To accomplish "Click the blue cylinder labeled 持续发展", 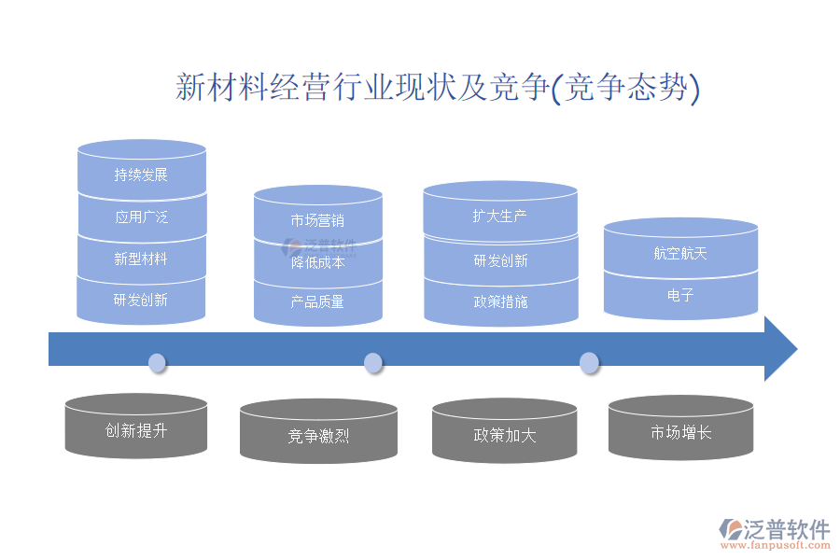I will pos(141,175).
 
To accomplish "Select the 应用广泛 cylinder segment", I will pos(141,217).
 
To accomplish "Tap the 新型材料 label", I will pos(141,259).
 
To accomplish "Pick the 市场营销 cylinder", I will pos(317,221).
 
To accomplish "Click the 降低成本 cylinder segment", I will pos(317,262).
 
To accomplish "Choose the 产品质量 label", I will pos(317,301).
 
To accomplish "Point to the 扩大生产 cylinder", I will pos(500,217).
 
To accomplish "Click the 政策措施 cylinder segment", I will pos(500,301).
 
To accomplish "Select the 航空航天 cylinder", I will pos(680,253).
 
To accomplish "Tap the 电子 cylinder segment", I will pos(680,295).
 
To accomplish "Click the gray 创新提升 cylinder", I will pos(136,431).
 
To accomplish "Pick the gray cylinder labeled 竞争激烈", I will pos(318,435).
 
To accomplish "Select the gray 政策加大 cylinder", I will pos(504,435).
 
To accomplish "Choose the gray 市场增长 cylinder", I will pos(680,432).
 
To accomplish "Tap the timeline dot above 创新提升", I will pos(157,362).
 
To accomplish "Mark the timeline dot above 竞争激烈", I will pos(372,362).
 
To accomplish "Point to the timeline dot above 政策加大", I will pos(589,362).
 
